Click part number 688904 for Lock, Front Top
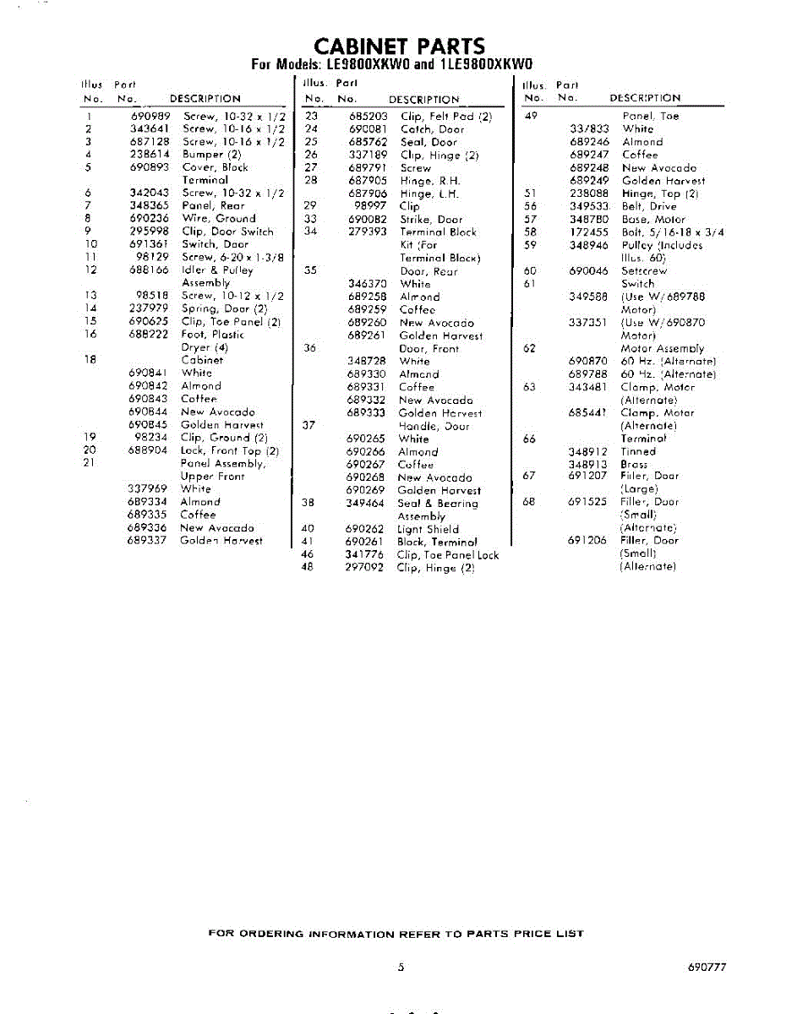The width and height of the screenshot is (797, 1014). (149, 450)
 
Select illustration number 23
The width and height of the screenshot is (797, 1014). (311, 117)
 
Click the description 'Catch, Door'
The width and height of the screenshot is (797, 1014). (432, 129)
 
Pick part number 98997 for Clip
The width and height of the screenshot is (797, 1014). (368, 206)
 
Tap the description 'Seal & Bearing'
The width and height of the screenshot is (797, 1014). (437, 504)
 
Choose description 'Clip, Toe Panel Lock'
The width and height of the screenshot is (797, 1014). (447, 555)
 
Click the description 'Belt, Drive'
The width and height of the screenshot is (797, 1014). (650, 206)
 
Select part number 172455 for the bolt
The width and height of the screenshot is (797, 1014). (588, 232)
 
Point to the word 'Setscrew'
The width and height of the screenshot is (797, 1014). (643, 271)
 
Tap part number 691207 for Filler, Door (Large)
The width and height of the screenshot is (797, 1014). (587, 476)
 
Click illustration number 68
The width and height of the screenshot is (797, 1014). (529, 501)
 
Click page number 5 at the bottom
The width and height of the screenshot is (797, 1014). (401, 968)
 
